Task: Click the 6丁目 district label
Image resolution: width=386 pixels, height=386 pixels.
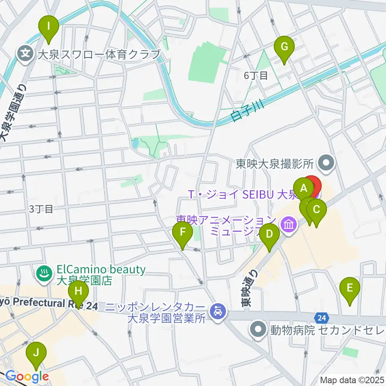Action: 256,75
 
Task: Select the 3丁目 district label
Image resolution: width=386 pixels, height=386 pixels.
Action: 41,208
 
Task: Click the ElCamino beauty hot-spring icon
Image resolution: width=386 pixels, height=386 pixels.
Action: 41,275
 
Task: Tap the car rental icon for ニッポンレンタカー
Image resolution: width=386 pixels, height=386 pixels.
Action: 218,310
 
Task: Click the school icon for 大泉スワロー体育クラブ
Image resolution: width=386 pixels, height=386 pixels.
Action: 25,53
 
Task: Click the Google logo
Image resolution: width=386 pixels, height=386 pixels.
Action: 27,377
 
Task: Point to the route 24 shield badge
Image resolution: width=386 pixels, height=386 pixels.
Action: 320,318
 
